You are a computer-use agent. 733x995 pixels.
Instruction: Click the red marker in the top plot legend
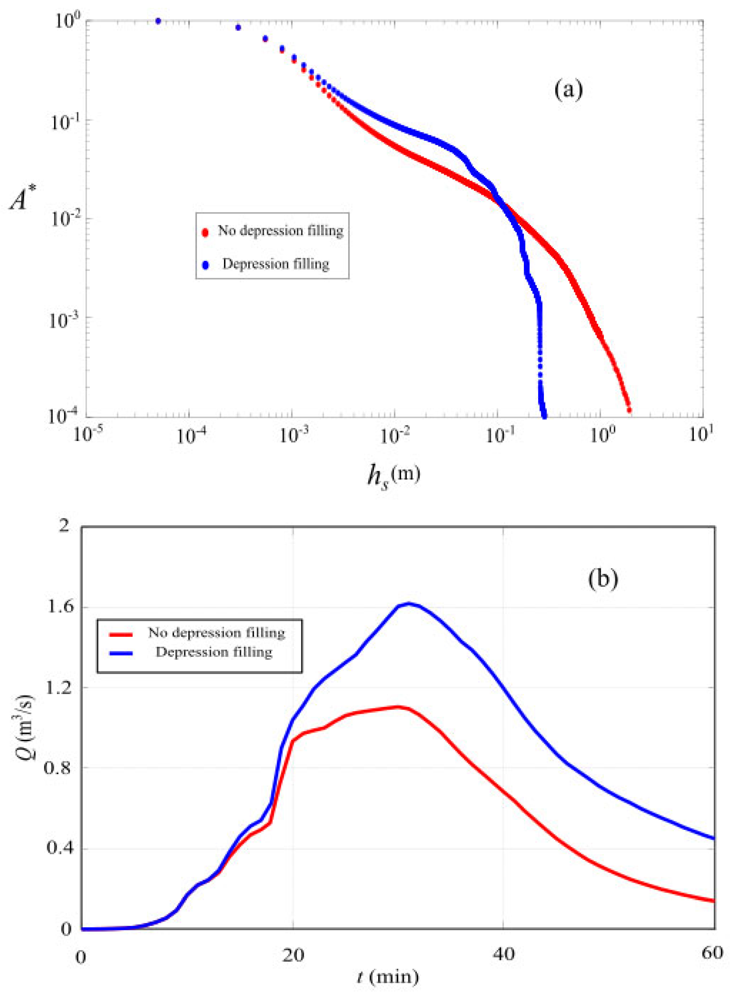[x=205, y=232]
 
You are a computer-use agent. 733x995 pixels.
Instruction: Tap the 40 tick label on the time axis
[x=504, y=953]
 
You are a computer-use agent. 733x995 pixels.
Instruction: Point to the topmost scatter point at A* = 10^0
[x=158, y=21]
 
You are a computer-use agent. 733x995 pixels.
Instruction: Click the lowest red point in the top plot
[x=628, y=410]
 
